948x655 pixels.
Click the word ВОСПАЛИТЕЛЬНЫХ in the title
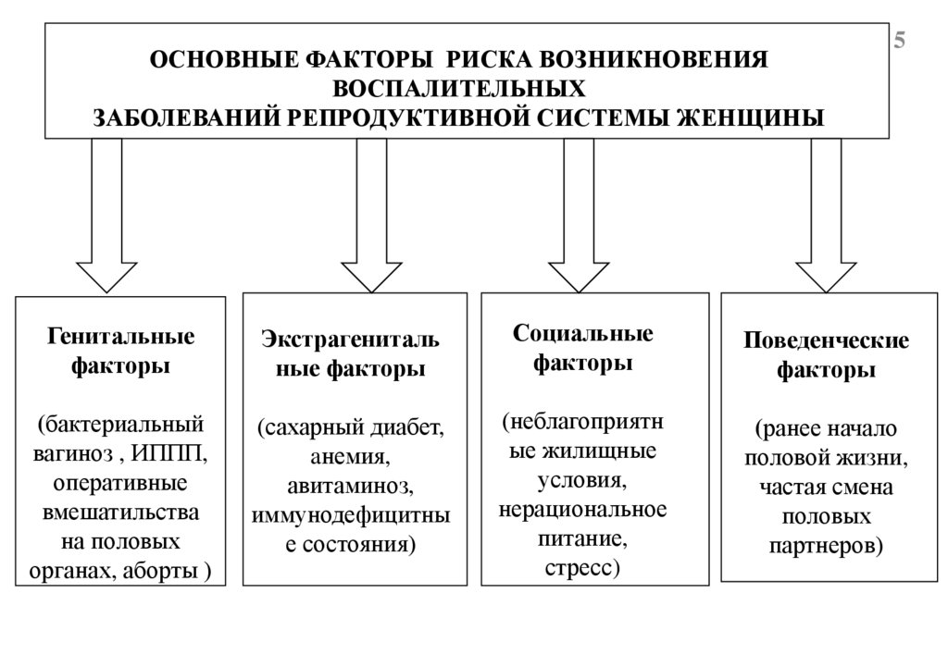[x=459, y=90]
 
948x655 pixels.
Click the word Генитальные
[x=121, y=334]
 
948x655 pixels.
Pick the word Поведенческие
[x=826, y=341]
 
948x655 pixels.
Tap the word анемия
[x=350, y=458]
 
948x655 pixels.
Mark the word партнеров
[x=826, y=544]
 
